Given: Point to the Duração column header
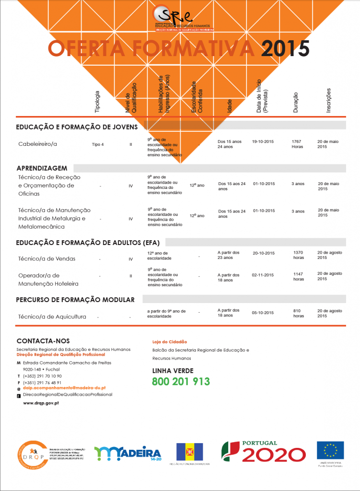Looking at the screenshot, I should (296, 103).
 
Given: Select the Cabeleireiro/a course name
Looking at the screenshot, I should (37, 144).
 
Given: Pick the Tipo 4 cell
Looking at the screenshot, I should (98, 144).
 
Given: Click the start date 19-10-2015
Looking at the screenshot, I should (263, 142).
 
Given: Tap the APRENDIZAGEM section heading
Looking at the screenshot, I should (42, 168).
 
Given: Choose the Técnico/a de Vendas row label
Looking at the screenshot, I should (47, 259).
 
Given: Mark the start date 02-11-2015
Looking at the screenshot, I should (263, 275).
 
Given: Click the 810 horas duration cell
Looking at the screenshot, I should (299, 313).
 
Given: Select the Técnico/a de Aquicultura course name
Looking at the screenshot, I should (52, 316).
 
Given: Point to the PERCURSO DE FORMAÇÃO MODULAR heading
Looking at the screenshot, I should (75, 300).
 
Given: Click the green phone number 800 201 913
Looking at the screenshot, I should (181, 382).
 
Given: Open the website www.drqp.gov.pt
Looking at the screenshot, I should (41, 403).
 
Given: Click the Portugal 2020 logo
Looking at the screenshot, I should (263, 452).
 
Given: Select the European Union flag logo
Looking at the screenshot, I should (330, 451).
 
